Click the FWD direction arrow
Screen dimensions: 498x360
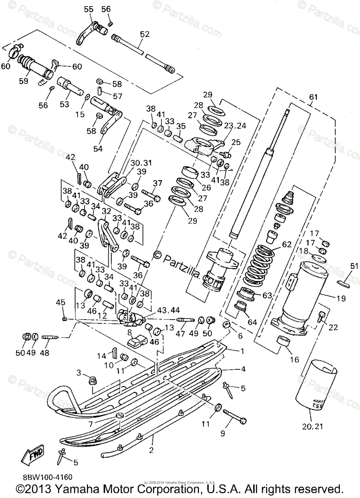pyautogui.click(x=34, y=456)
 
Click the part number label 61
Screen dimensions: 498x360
pyautogui.click(x=313, y=97)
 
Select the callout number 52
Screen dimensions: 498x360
pyautogui.click(x=144, y=34)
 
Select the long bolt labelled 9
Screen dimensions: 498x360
pyautogui.click(x=234, y=415)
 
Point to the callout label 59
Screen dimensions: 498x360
pyautogui.click(x=24, y=81)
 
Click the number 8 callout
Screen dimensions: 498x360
pyautogui.click(x=130, y=332)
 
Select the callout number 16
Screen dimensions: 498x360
pyautogui.click(x=294, y=360)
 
